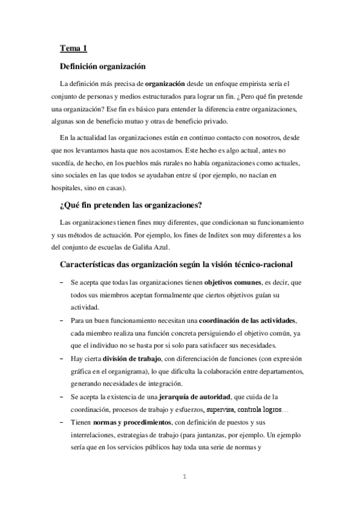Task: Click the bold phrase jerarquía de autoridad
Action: tap(196, 398)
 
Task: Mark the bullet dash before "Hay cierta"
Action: tap(62, 360)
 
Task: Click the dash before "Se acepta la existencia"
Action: tap(62, 398)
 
